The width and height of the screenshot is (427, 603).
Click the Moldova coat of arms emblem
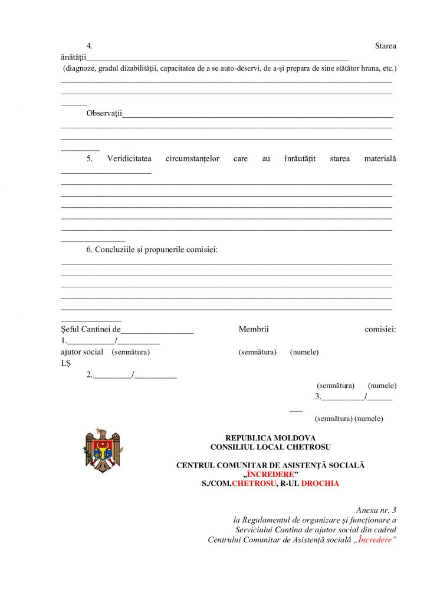(x=103, y=450)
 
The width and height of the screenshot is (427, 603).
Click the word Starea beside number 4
(x=385, y=46)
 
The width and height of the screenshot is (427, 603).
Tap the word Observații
(x=104, y=113)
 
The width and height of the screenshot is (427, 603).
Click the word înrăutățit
(x=300, y=158)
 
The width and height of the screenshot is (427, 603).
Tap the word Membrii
(x=254, y=330)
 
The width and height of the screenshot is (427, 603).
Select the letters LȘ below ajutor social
(x=65, y=363)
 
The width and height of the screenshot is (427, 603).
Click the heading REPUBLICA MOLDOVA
(x=270, y=438)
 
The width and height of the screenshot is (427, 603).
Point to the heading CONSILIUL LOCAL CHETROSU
(x=270, y=447)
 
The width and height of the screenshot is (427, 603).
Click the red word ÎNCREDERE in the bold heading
(x=271, y=475)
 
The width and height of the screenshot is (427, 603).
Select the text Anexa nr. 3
(x=376, y=510)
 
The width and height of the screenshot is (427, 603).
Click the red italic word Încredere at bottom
(x=375, y=540)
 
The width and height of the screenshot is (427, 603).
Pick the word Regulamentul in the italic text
(x=269, y=520)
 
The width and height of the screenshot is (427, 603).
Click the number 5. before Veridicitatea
(x=90, y=158)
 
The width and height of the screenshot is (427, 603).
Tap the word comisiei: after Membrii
(x=380, y=330)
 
